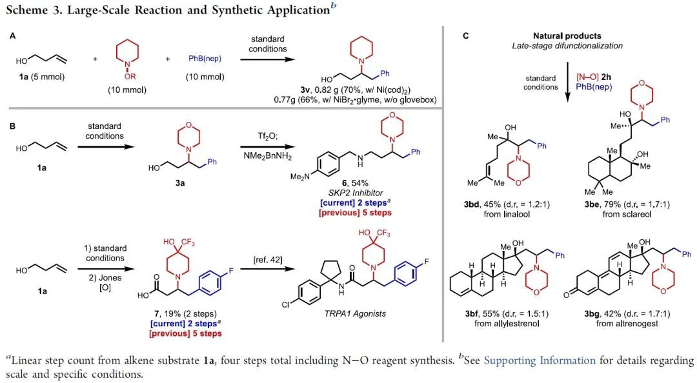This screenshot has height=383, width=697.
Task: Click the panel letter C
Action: (x=467, y=37)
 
